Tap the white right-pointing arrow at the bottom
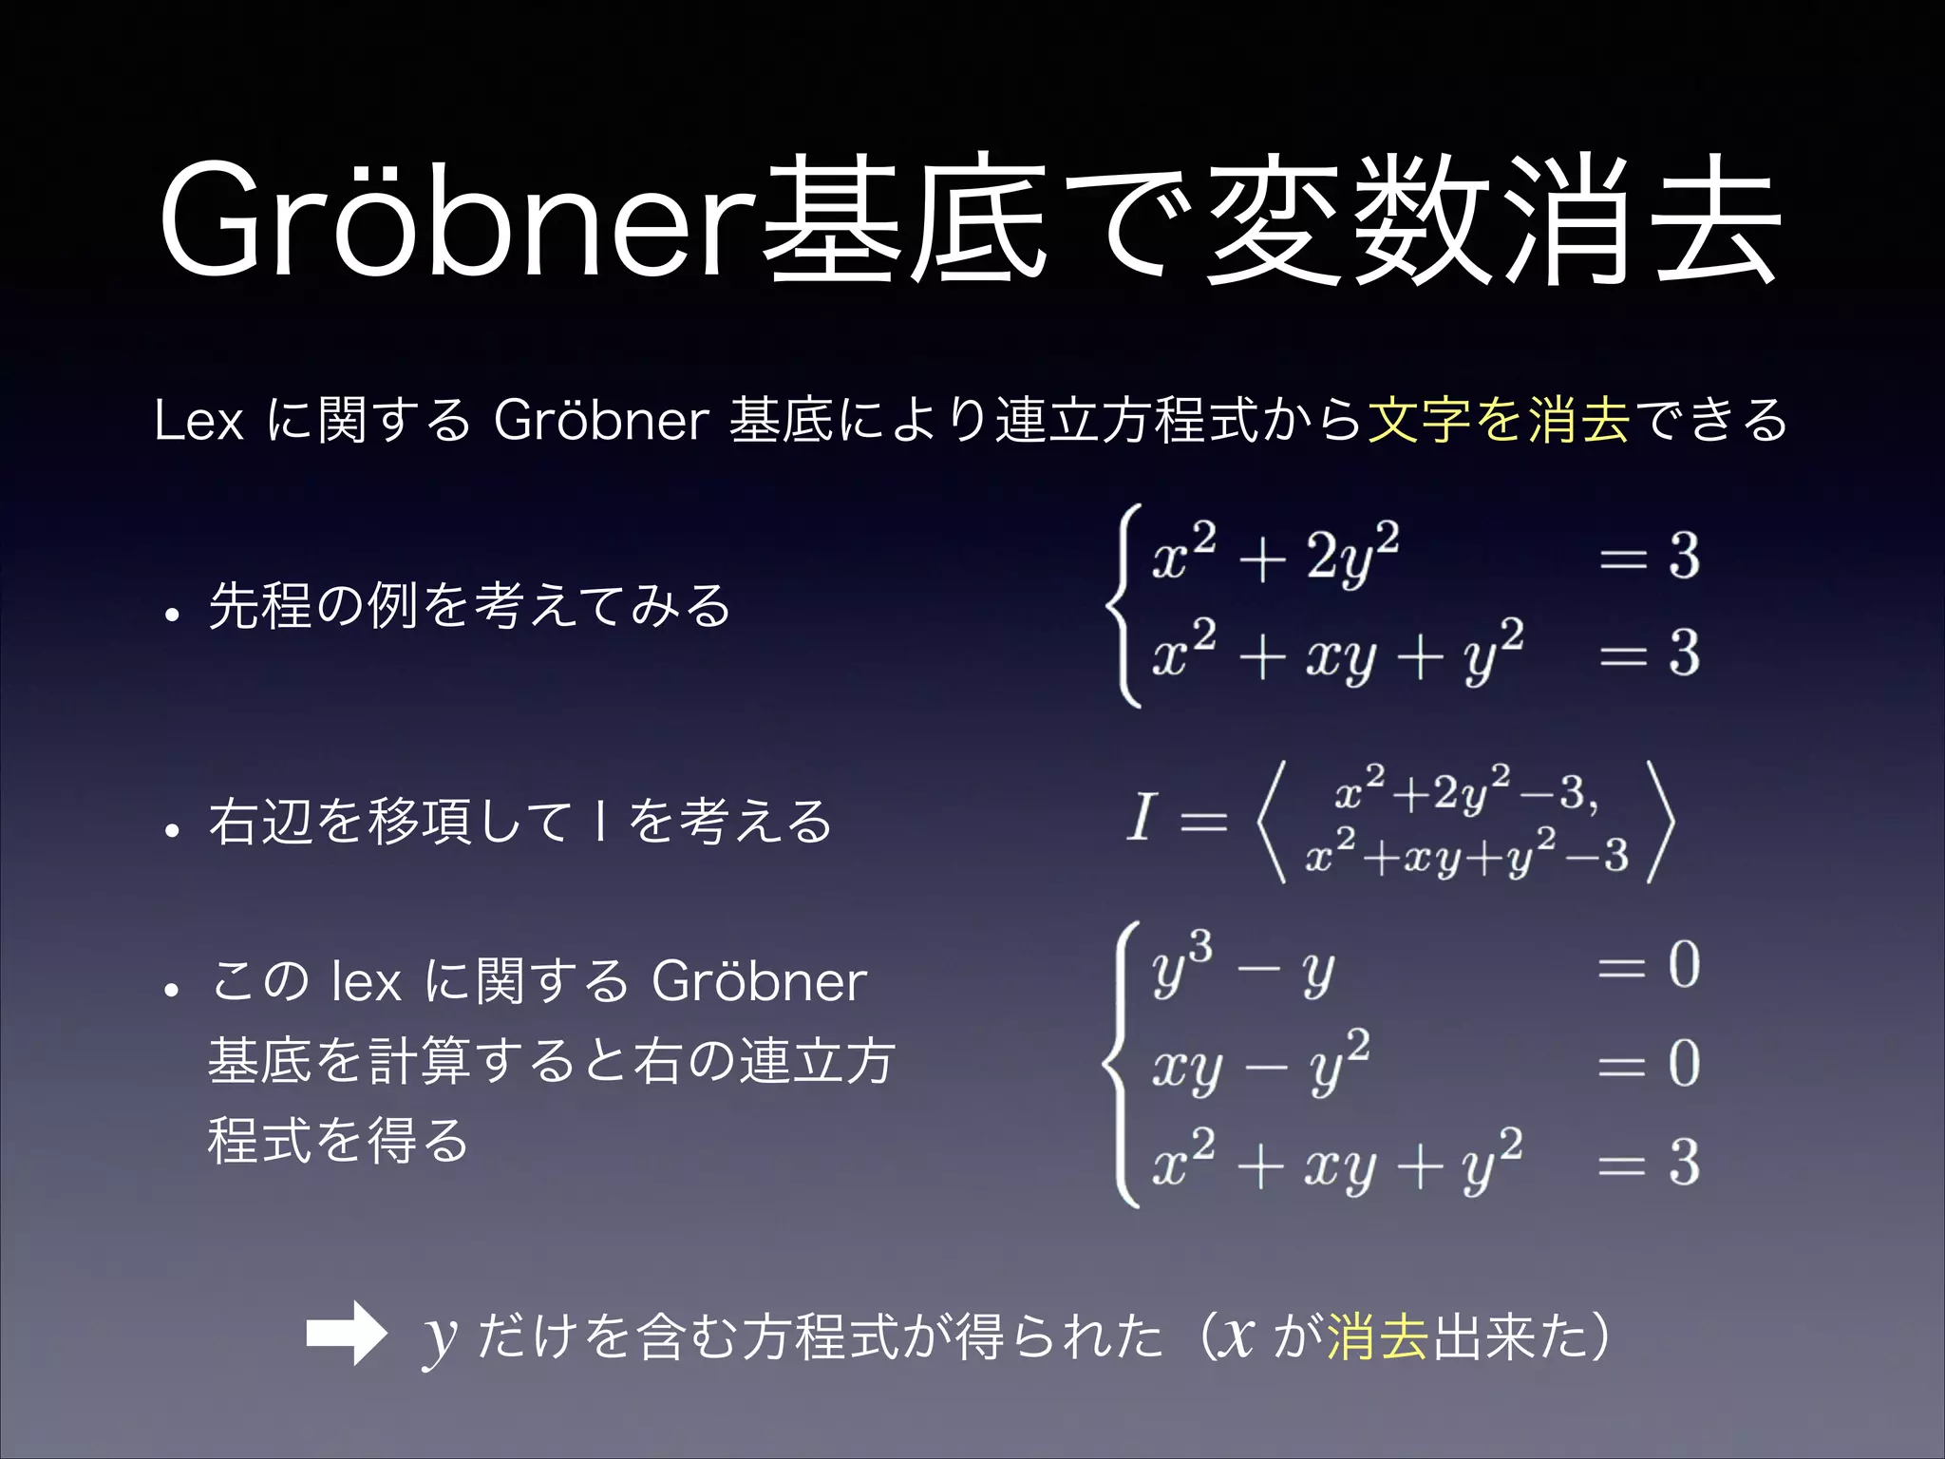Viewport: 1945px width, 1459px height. [346, 1333]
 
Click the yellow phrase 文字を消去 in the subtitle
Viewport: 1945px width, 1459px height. [1499, 419]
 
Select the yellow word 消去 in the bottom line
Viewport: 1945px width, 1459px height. [1378, 1335]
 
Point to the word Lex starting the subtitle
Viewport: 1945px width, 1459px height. [198, 420]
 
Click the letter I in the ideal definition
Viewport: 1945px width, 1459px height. [1141, 818]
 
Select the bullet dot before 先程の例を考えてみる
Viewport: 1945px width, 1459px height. [171, 615]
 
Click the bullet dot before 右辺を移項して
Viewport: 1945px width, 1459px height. [171, 830]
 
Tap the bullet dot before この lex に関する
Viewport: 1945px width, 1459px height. [171, 990]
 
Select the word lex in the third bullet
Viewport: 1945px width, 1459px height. [367, 981]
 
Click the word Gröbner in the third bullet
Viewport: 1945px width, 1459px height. [760, 981]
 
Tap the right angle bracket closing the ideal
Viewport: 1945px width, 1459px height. [1659, 823]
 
